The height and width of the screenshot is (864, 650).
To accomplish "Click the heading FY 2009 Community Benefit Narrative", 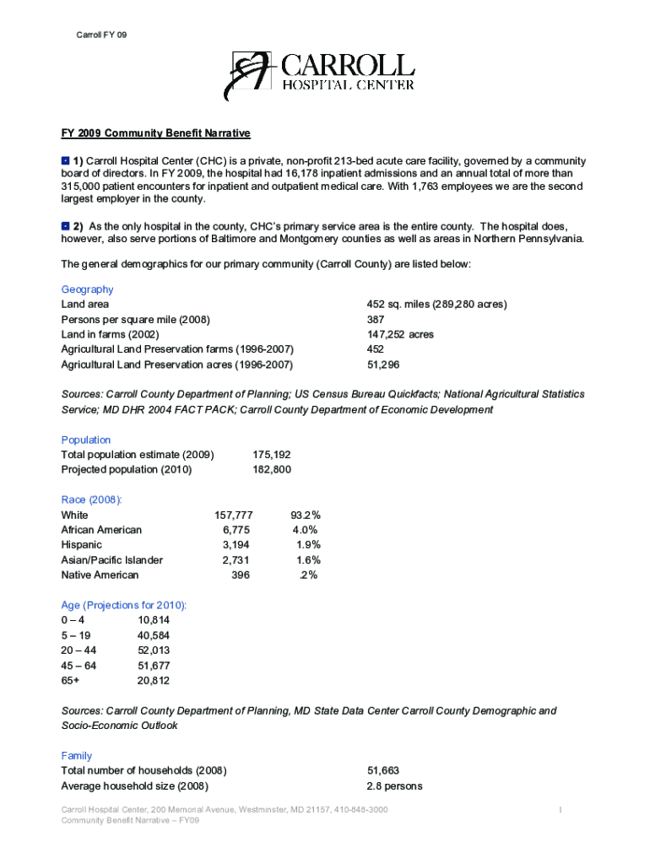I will point(156,133).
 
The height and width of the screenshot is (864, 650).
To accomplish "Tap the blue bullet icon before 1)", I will point(65,159).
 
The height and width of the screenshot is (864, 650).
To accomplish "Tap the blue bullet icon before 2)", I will point(65,226).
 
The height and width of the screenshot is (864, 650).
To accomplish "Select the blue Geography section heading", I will point(87,289).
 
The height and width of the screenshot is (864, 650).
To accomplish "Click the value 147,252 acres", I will point(400,334).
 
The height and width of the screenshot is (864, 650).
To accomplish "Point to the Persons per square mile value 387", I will point(376,319).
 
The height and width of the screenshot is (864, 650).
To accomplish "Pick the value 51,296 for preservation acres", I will point(383,364).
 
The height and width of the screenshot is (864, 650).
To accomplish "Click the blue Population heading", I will point(86,440).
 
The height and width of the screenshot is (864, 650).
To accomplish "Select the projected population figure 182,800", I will point(272,469).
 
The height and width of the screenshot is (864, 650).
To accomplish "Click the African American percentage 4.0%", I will point(305,530).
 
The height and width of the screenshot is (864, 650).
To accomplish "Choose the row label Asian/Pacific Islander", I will point(112,560).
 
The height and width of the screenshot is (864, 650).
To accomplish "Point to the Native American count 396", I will point(241,575).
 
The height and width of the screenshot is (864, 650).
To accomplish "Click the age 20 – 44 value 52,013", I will point(154,651).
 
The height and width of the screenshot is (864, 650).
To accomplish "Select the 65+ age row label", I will point(71,681).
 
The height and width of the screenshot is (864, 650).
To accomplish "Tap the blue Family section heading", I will point(77,756).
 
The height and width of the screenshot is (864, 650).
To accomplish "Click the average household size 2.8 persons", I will point(394,786).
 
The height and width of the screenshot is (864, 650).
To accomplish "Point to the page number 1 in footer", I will point(561,810).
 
